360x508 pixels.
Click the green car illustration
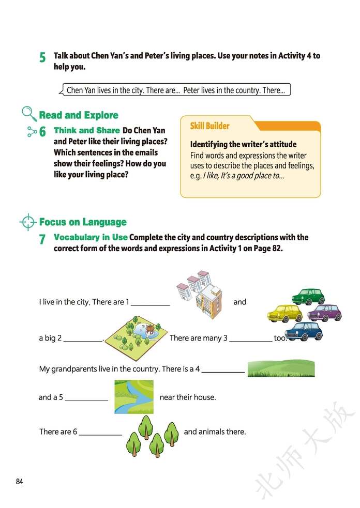308,297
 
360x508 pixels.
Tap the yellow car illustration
285,313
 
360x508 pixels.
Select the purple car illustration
325,313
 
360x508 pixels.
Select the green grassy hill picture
281,369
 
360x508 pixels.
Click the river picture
134,396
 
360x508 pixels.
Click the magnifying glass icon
29,114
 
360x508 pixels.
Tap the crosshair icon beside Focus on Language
28,222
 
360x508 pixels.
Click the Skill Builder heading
209,126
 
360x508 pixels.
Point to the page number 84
20,482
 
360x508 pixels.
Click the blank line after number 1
150,304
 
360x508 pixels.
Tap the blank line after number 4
223,371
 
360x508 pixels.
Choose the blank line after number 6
100,434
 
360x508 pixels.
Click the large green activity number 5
42,58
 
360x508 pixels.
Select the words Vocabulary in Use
91,238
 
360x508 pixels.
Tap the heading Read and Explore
79,115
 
